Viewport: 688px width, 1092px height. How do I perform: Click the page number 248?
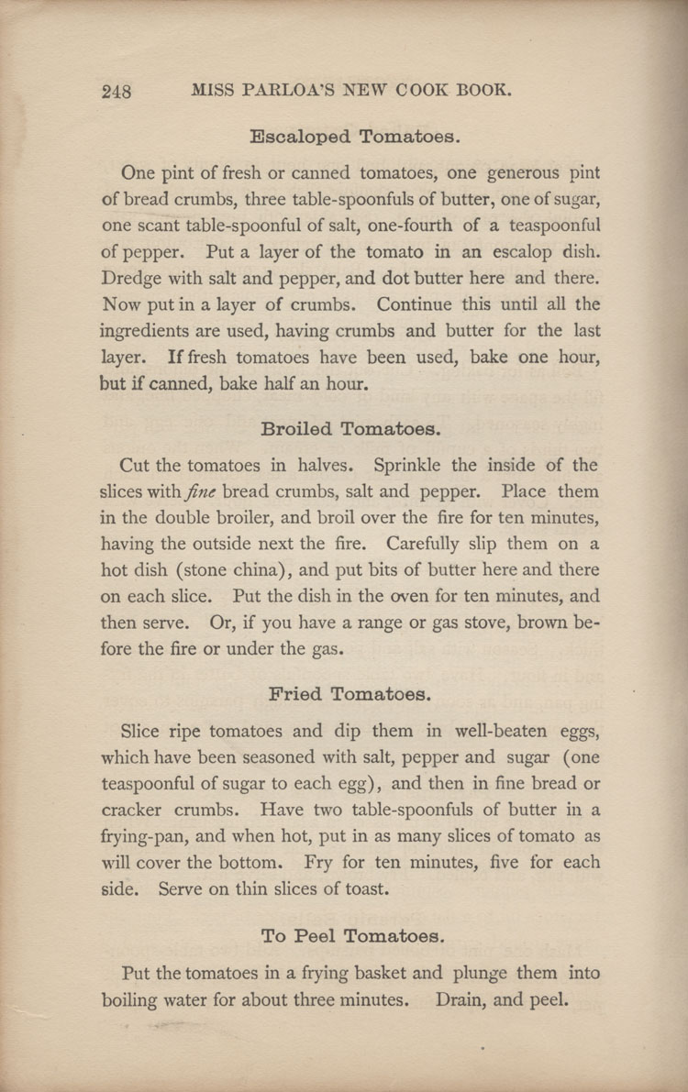[x=117, y=91]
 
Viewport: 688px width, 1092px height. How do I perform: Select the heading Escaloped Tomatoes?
[x=354, y=138]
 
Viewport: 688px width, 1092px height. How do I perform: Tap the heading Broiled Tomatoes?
[x=352, y=428]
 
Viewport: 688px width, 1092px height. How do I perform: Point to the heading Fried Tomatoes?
[x=350, y=694]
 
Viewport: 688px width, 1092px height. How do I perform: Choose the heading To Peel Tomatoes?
[x=353, y=936]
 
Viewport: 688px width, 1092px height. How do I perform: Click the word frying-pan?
[x=142, y=837]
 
